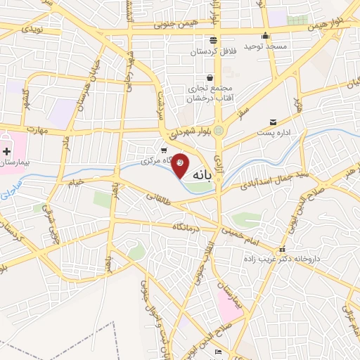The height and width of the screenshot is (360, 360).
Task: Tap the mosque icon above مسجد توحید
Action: (x=265, y=36)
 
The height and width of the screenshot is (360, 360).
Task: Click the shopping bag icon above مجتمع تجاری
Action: (x=209, y=77)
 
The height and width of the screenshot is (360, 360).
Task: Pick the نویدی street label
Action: (x=32, y=29)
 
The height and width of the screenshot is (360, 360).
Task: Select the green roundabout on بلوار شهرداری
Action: (x=219, y=129)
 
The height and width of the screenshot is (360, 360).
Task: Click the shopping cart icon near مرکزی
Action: (x=164, y=150)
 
